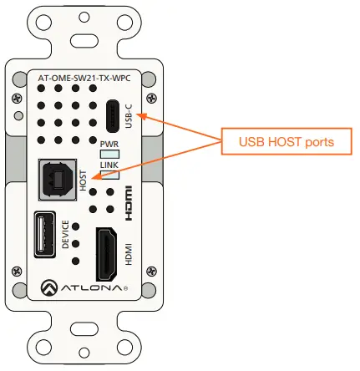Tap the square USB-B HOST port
tap(58, 180)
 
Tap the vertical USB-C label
tap(129, 116)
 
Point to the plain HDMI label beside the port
tap(128, 253)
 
